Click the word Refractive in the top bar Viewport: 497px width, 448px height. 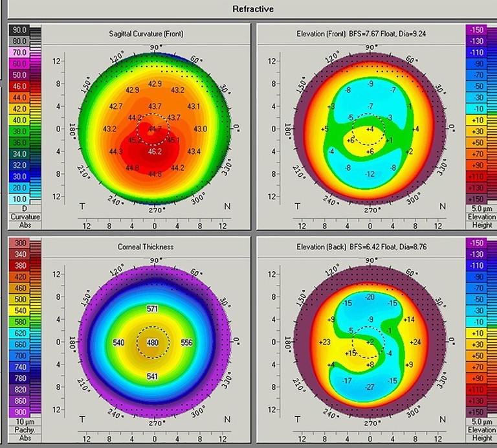[252, 9]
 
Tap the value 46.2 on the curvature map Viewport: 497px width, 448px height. [155, 151]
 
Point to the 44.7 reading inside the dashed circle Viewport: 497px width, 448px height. [155, 129]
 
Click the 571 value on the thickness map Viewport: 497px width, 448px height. [153, 309]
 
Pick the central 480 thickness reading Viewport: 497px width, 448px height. [153, 342]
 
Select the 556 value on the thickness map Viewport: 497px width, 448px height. [187, 342]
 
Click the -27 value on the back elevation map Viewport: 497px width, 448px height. [370, 387]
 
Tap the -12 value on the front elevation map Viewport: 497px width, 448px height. [370, 175]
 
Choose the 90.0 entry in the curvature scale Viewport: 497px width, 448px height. [19, 30]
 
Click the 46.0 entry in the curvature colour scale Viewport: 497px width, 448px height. [19, 85]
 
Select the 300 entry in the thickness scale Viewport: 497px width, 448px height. [19, 243]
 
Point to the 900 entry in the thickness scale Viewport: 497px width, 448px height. [19, 412]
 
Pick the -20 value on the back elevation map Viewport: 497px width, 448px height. [370, 297]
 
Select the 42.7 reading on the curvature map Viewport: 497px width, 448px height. [116, 106]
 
